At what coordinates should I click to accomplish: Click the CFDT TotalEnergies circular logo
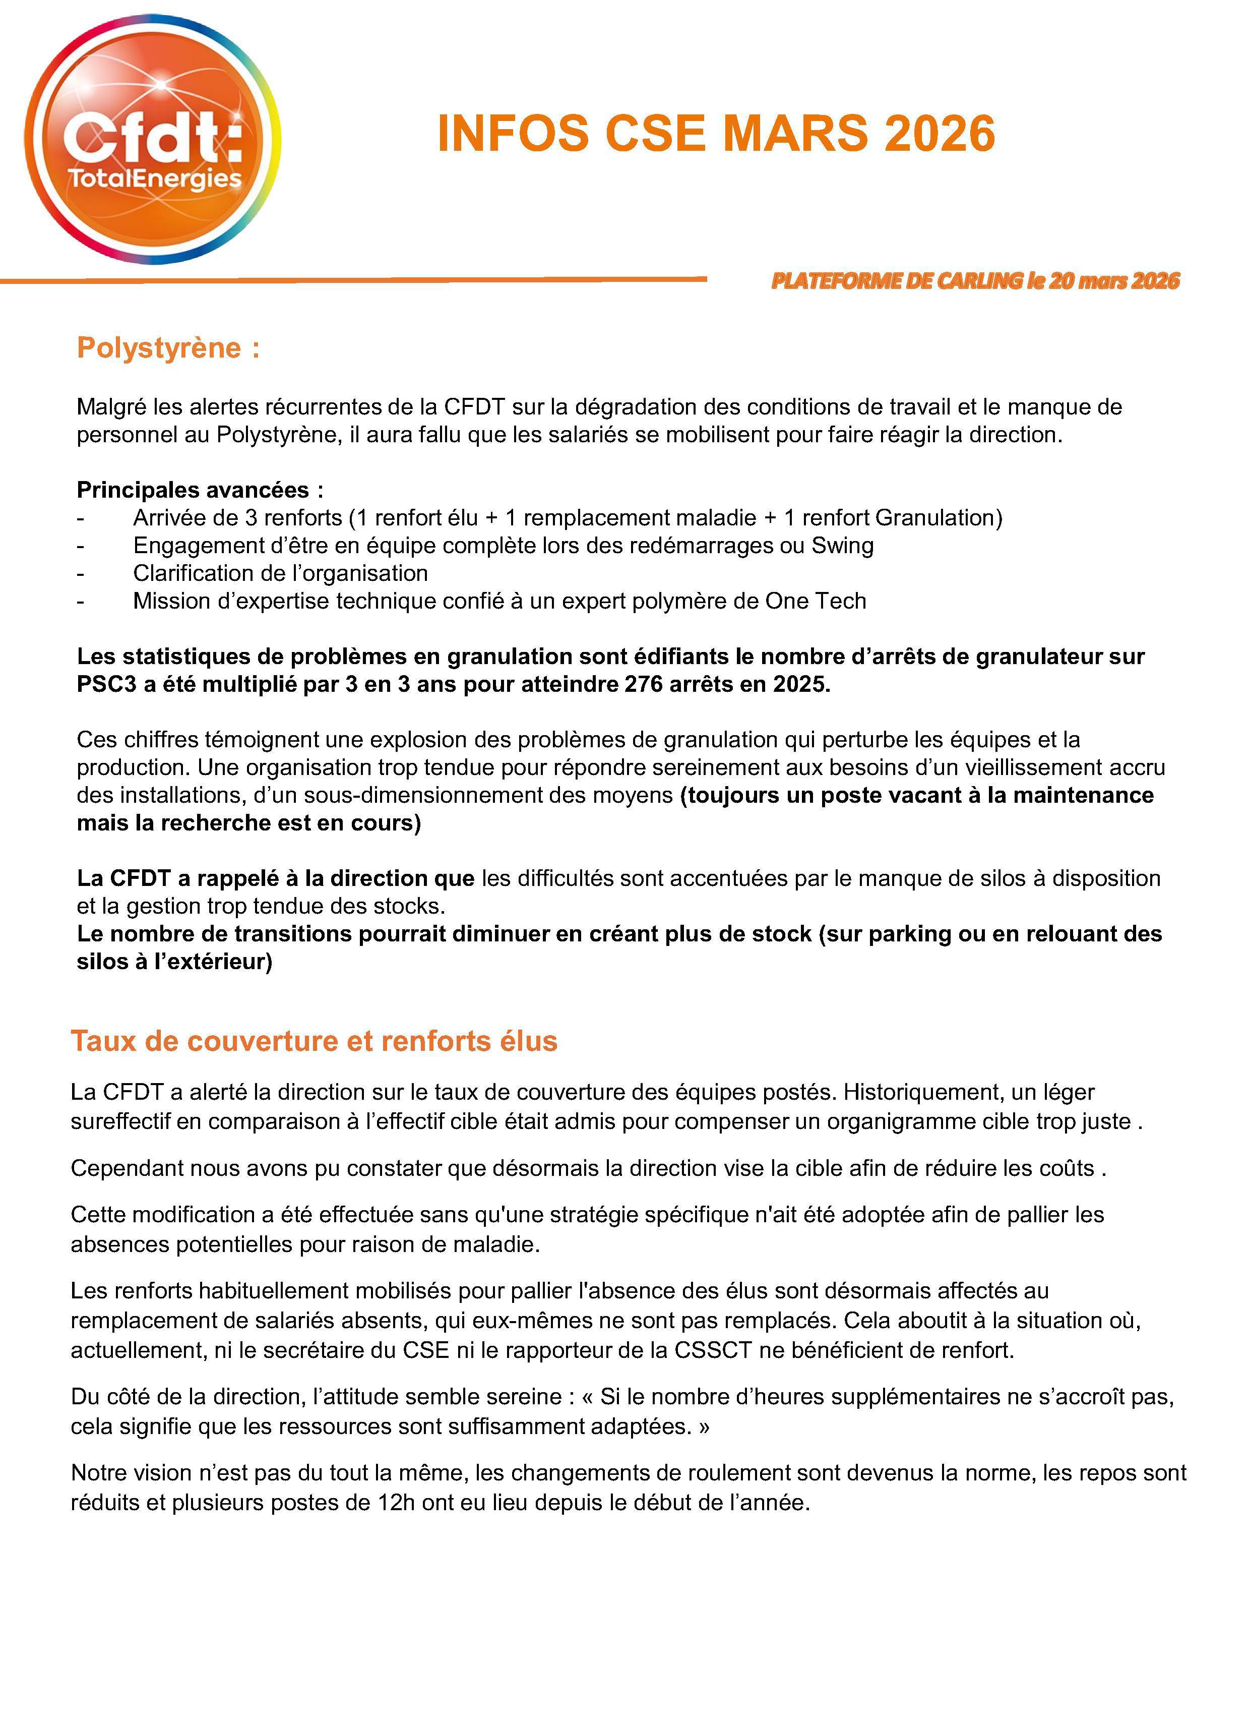(x=152, y=139)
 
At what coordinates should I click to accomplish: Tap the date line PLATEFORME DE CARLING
(x=974, y=281)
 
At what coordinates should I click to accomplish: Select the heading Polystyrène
(x=167, y=348)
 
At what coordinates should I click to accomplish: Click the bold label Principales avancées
(x=200, y=490)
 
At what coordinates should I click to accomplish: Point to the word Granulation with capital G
(x=935, y=518)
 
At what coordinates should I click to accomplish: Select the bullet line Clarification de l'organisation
(x=280, y=573)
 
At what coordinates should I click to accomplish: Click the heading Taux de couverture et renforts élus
(x=314, y=1041)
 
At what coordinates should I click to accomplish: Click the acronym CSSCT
(x=713, y=1350)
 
